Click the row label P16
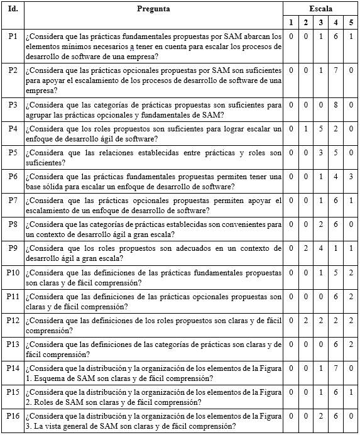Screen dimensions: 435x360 [x=13, y=416]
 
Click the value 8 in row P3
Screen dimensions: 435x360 [x=336, y=105]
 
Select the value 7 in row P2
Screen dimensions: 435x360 [x=336, y=69]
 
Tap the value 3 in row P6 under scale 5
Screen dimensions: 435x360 [x=351, y=177]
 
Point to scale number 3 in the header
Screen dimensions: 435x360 [x=321, y=23]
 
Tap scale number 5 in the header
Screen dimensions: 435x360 [x=351, y=23]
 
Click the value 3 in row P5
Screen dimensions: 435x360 [x=321, y=153]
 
